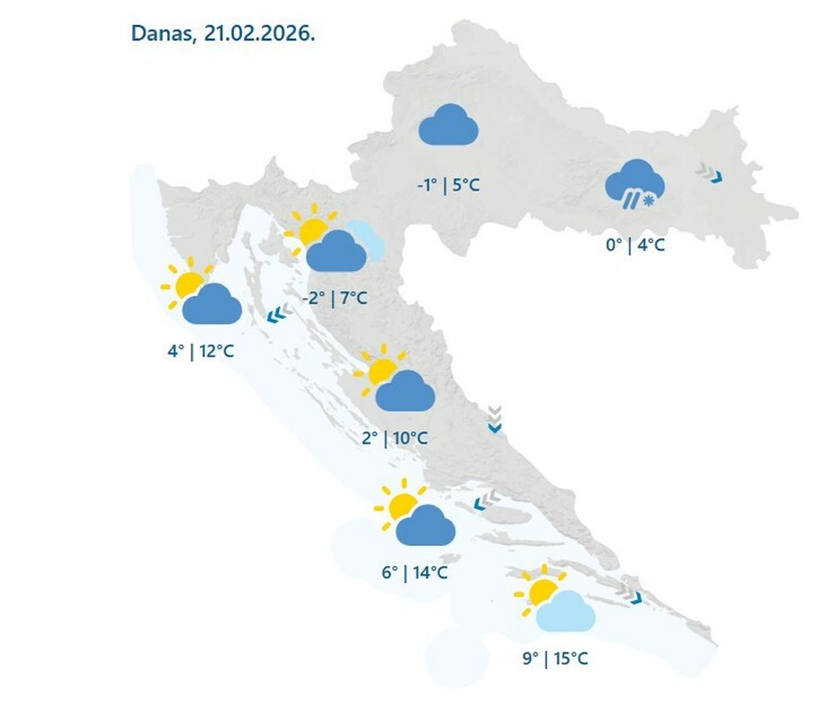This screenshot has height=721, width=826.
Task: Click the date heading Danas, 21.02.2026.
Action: [x=223, y=35]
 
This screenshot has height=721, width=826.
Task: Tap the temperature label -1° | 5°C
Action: [x=448, y=185]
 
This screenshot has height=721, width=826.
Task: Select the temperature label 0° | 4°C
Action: [x=636, y=244]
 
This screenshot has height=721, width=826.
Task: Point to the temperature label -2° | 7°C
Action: [x=335, y=298]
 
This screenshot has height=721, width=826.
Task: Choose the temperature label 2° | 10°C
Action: [x=394, y=438]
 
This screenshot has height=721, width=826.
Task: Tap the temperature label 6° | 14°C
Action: [x=415, y=573]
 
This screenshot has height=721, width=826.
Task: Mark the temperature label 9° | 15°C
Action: [x=555, y=658]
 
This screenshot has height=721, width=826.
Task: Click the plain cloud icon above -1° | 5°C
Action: [x=448, y=127]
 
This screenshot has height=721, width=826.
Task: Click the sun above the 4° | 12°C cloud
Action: [x=189, y=283]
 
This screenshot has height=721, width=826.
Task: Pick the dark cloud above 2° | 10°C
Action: [x=405, y=392]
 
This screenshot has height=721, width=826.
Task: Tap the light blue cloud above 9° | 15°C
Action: [x=565, y=611]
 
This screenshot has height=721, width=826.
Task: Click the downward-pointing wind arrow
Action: [x=494, y=420]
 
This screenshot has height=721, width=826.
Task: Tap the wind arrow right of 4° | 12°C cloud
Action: [x=278, y=313]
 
